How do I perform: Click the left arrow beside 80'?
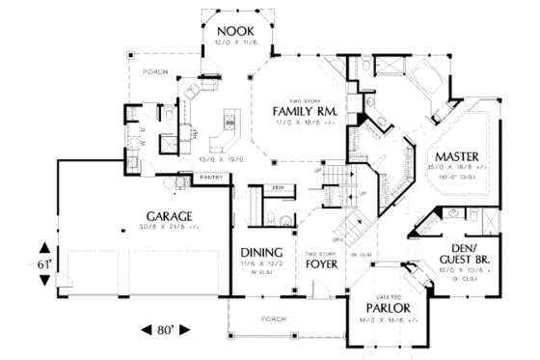(x=147, y=328)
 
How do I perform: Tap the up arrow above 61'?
(x=44, y=244)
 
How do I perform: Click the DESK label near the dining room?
(x=277, y=188)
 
